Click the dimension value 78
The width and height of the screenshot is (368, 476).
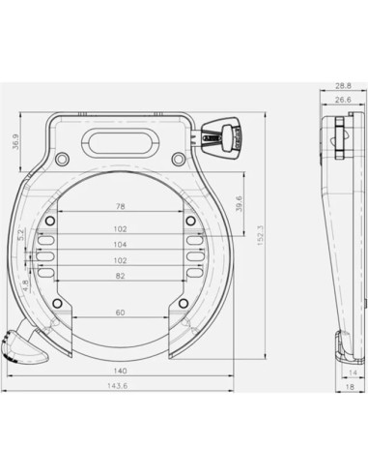[120, 207]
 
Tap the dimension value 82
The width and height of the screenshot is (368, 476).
[120, 277]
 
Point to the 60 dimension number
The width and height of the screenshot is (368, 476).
[120, 313]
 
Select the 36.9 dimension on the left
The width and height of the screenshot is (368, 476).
[13, 142]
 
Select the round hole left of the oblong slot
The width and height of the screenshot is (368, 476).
[64, 158]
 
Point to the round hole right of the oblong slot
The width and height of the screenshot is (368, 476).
[178, 158]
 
